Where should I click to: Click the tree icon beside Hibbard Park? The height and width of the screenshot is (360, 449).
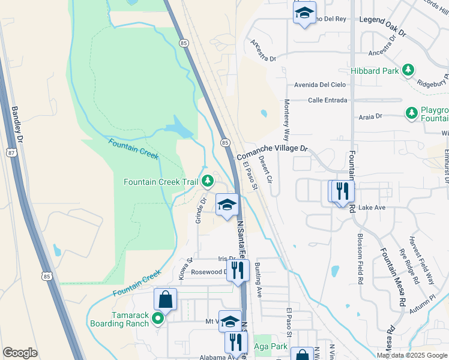tap(408, 71)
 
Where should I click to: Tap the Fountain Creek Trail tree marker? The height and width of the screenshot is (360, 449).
tap(208, 181)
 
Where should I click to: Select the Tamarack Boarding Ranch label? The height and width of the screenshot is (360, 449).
tap(119, 319)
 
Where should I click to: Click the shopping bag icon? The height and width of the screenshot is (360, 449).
tap(165, 299)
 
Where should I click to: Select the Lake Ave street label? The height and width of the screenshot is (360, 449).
tap(371, 208)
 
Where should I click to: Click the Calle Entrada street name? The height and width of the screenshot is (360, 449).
tap(327, 100)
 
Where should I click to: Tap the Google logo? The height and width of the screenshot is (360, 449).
tap(20, 353)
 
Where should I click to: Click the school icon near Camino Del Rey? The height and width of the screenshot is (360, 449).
tap(304, 13)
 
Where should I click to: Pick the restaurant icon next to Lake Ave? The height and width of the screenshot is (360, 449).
tap(343, 191)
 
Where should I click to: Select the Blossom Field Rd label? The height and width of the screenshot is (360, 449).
tap(360, 258)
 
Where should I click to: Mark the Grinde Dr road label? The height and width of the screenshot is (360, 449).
tap(200, 211)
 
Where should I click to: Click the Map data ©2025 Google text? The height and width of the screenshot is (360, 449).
tap(411, 355)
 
